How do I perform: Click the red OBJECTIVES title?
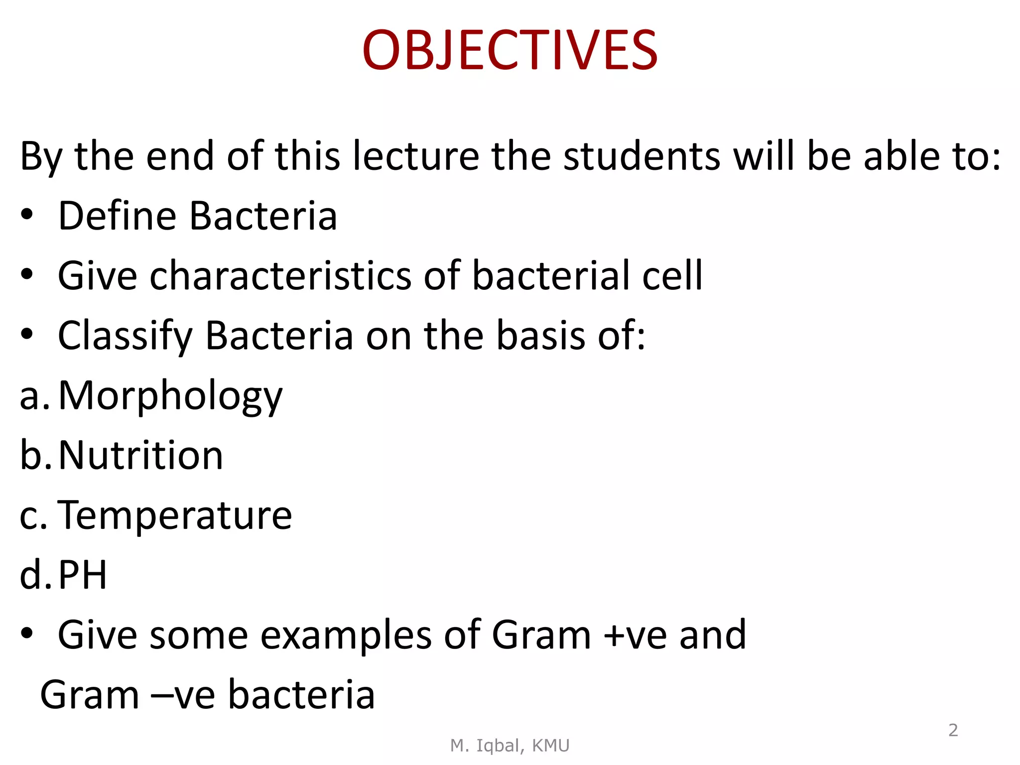510,50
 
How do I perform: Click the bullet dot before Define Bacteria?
27,215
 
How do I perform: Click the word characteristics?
280,275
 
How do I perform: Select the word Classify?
125,336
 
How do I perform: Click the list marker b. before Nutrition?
35,455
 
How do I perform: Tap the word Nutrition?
141,456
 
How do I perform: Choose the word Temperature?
175,515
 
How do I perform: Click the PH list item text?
83,575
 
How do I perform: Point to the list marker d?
35,575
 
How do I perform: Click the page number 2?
953,730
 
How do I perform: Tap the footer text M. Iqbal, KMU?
510,746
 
